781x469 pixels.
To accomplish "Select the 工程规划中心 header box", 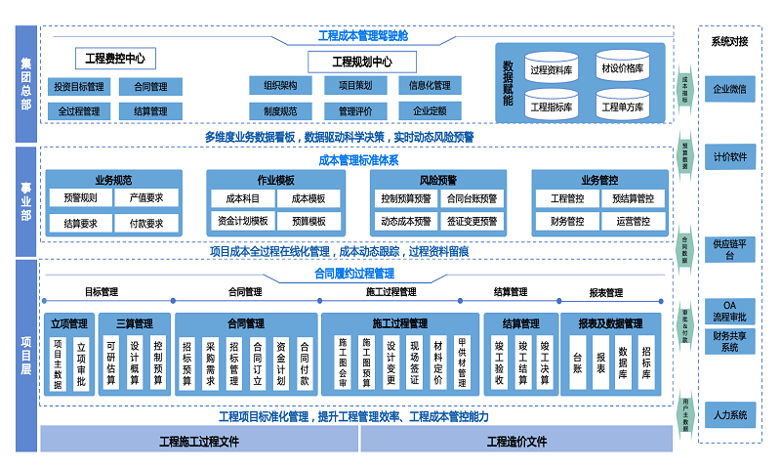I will coord(348,62).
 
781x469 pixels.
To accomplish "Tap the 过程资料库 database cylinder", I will coord(552,68).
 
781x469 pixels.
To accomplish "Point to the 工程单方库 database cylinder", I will coord(622,105).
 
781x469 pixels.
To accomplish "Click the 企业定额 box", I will coord(430,110).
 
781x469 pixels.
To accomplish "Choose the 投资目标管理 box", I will coord(79,86).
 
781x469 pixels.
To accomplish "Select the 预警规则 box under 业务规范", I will coord(80,198).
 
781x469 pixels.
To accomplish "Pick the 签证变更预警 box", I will coord(473,222).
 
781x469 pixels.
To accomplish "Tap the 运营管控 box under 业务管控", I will coord(633,222).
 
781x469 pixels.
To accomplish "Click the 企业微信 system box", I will coord(729,89).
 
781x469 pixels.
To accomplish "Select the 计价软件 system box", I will coord(729,156).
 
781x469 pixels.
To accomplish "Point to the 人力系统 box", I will coord(729,415).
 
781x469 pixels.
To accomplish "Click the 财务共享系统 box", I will coord(729,341).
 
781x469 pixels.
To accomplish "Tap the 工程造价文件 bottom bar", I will coord(516,442).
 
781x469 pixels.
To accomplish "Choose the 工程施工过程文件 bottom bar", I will coord(199,442).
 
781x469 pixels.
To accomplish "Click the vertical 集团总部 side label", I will coord(26,83).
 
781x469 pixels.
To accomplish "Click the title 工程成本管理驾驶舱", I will coord(363,36).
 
